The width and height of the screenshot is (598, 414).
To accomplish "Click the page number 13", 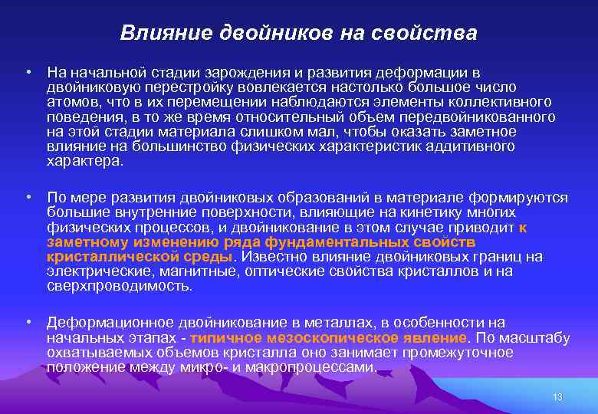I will click(557, 396).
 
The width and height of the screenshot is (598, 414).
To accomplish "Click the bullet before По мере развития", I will click(27, 199).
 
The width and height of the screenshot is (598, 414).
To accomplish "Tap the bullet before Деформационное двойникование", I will click(27, 323).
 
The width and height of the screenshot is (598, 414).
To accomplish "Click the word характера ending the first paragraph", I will click(83, 161).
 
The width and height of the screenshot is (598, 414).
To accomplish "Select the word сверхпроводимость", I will click(118, 286).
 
